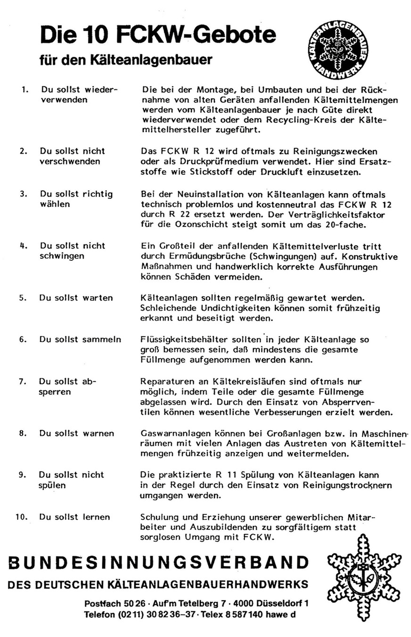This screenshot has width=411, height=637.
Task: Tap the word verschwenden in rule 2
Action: (70, 162)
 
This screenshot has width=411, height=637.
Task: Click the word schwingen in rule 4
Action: (62, 256)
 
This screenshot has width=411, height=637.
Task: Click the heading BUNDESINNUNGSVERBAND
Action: (158, 563)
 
